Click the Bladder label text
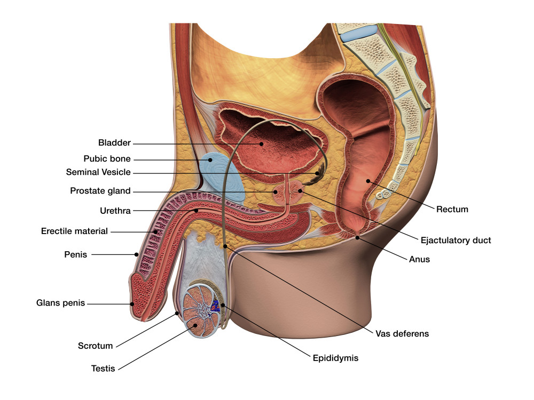(114, 143)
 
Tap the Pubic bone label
(107, 158)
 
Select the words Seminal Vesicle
(98, 172)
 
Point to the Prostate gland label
(100, 191)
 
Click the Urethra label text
(115, 211)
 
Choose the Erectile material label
(74, 231)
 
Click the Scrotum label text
(96, 346)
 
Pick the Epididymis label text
(335, 358)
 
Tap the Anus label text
(419, 260)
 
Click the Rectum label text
(452, 209)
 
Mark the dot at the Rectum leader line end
(368, 182)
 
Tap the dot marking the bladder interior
(261, 143)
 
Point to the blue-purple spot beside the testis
(215, 306)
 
